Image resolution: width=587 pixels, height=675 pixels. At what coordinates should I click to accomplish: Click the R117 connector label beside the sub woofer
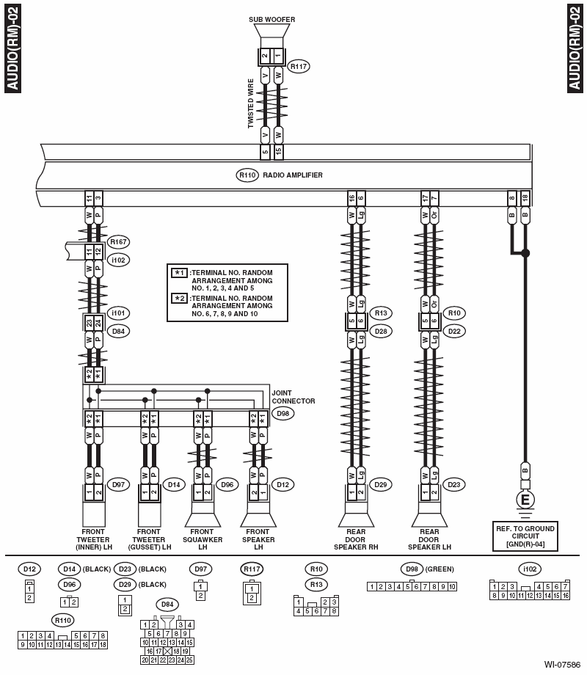[298, 67]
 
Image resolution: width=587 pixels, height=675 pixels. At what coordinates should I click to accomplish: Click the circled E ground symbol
[525, 500]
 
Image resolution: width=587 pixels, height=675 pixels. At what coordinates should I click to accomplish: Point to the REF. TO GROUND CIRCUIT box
[525, 536]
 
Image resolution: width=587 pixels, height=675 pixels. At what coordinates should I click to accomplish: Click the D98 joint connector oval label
[281, 414]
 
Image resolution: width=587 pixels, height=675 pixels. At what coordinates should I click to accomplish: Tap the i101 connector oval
[117, 313]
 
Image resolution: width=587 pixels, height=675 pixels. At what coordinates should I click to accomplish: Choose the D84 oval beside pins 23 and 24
[117, 331]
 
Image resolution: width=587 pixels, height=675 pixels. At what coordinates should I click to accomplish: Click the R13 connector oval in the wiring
[380, 313]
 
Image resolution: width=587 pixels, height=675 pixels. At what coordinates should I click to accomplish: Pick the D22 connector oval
[454, 331]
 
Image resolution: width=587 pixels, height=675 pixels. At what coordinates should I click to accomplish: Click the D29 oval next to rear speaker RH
[380, 484]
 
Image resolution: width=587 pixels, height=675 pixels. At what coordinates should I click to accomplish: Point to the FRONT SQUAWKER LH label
[203, 539]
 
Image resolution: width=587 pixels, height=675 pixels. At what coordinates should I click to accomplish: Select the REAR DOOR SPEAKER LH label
[429, 539]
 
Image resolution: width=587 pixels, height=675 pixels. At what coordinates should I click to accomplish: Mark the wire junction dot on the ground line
[525, 253]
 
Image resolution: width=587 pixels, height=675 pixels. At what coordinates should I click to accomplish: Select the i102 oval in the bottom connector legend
[528, 569]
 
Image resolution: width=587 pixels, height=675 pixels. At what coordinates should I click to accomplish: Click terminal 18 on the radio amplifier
[525, 198]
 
